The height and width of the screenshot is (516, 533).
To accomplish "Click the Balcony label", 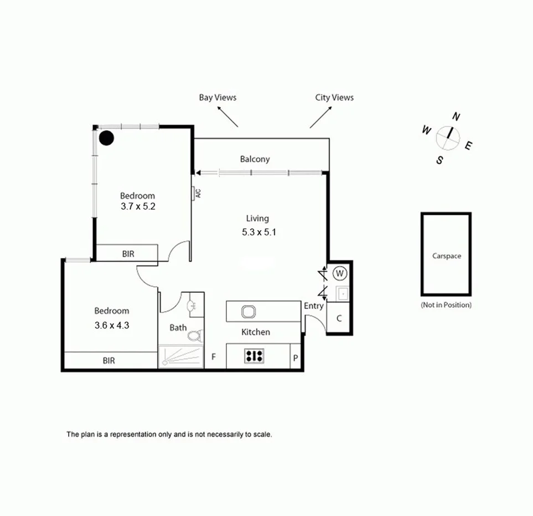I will [x=255, y=159].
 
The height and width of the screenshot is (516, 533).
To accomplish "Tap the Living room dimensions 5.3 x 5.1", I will [x=258, y=233].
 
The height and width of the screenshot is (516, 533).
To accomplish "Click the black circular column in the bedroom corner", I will [x=106, y=137].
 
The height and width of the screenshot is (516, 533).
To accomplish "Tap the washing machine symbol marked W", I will [x=340, y=273].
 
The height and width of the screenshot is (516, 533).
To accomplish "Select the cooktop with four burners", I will [x=254, y=356].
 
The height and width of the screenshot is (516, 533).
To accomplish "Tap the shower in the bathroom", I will [x=180, y=357].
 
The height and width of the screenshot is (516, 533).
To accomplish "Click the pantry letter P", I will [x=296, y=358].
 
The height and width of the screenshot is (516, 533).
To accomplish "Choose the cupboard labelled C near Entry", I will [x=339, y=319].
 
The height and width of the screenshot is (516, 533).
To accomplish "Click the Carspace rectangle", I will [x=446, y=255].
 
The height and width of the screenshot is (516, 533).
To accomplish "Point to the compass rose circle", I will [x=447, y=138].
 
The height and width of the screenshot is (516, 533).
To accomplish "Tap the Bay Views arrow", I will [x=227, y=117].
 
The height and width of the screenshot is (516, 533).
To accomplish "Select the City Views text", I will [x=334, y=97].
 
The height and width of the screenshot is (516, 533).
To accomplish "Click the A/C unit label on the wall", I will [x=197, y=193].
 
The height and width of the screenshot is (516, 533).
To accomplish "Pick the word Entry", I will [x=314, y=306].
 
